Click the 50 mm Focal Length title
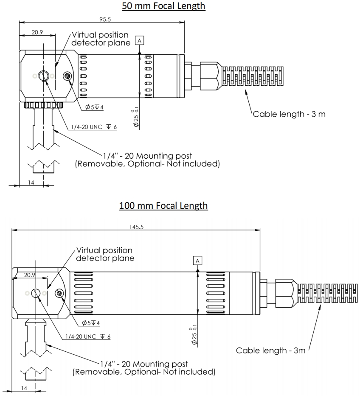[x=163, y=6]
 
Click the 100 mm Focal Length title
[x=163, y=205]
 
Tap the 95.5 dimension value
[x=105, y=19]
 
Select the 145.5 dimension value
[x=136, y=227]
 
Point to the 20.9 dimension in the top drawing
[x=37, y=32]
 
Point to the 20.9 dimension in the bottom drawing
[x=29, y=275]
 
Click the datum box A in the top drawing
[x=139, y=41]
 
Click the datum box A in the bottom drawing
[x=197, y=261]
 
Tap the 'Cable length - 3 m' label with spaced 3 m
[x=289, y=114]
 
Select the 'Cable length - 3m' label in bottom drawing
[x=270, y=350]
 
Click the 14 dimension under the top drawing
[x=31, y=182]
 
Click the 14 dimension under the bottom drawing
[x=24, y=388]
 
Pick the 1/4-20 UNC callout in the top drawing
[x=94, y=127]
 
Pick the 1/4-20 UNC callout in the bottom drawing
[x=88, y=336]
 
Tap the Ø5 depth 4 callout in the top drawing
[x=94, y=107]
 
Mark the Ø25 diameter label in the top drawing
[x=136, y=117]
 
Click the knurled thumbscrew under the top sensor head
[x=44, y=105]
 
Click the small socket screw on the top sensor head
[x=67, y=76]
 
